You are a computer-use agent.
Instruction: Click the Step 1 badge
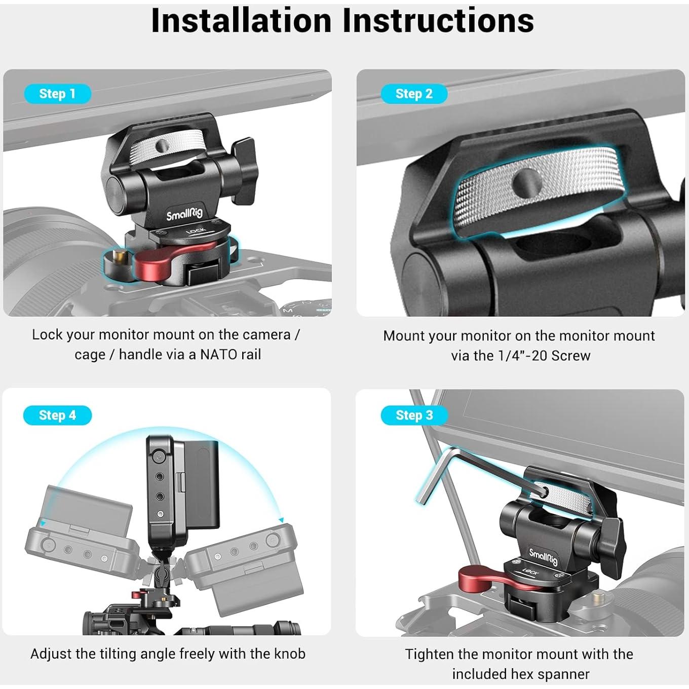57,94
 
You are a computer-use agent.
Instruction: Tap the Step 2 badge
414,94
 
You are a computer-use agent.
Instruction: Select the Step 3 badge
414,415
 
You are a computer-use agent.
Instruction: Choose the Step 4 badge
57,415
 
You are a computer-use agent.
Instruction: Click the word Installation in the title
241,20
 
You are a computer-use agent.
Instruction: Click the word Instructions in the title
438,20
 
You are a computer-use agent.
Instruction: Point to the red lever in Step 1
163,262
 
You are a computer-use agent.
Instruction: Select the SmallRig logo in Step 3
543,556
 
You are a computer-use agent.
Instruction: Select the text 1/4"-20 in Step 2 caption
521,356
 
